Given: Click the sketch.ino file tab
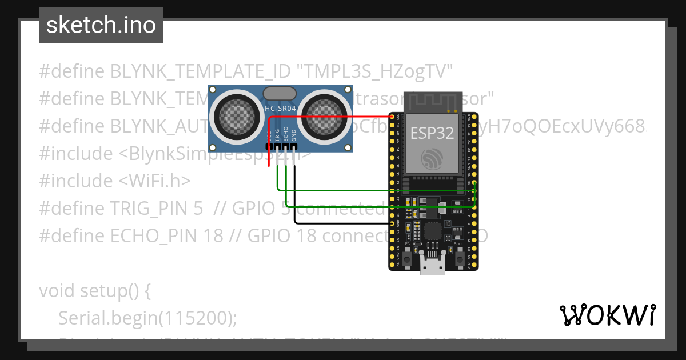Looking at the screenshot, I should point(101,25).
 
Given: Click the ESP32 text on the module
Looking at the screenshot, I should point(432,133).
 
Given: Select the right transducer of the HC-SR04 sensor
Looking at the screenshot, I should point(322,117).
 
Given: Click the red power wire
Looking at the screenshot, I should point(332,116).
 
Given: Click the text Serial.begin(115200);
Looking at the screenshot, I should point(147,318).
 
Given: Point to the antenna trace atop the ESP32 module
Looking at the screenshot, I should point(432,102).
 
